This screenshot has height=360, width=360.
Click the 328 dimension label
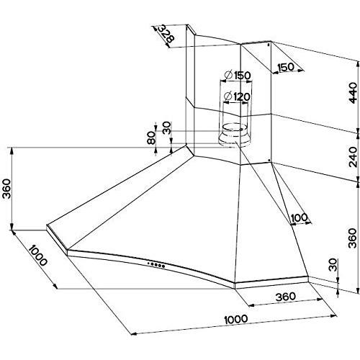coord(166,34)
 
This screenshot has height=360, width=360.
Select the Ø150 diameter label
coord(238,75)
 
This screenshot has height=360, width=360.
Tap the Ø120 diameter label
coord(237,96)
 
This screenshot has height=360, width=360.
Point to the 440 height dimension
coord(353,93)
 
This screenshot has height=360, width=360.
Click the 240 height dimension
coord(353,157)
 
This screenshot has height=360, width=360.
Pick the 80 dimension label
coord(151,138)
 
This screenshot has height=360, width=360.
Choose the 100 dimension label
coord(299,217)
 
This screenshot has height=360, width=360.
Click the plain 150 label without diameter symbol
coord(286,67)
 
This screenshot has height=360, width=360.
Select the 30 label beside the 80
coord(166,127)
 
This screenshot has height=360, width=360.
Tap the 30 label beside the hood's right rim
coord(333,265)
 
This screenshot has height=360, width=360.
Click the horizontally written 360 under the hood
coord(286,297)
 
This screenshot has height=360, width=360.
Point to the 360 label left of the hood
coord(6,189)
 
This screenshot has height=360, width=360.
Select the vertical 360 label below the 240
coord(353,238)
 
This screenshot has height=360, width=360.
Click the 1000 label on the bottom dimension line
coord(236,320)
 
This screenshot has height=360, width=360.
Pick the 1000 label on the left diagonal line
coord(37,255)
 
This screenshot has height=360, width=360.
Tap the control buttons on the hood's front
coord(156,265)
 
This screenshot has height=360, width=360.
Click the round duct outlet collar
coord(234,135)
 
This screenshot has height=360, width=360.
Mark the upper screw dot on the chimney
coord(269,44)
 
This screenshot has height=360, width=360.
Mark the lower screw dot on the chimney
coord(269,159)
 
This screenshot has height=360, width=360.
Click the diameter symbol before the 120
coord(228,96)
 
